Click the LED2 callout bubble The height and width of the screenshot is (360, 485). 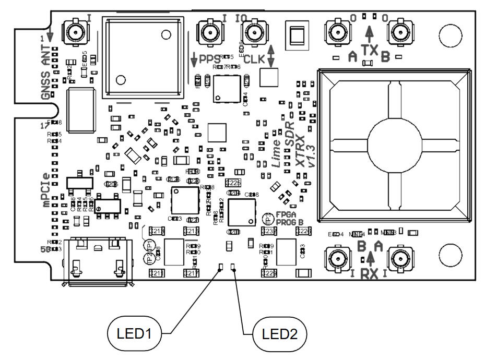(x=279, y=333)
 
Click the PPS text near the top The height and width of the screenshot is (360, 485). (x=210, y=59)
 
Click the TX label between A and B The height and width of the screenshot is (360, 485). (x=370, y=52)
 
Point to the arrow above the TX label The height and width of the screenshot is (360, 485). (x=370, y=34)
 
